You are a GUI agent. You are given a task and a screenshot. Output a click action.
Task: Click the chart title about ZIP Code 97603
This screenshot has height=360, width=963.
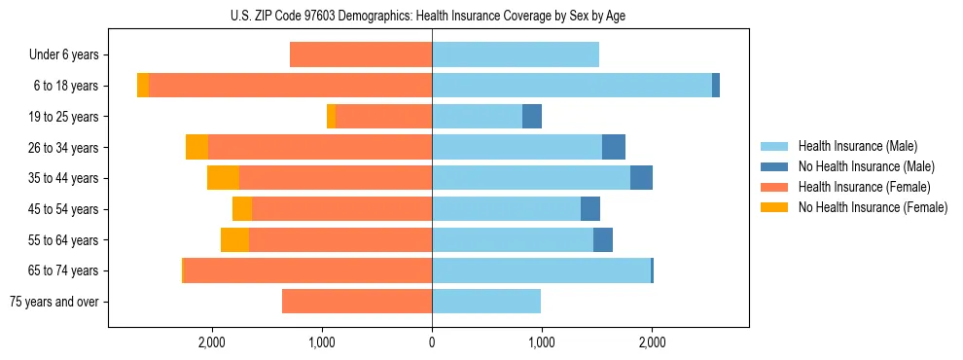click(432, 16)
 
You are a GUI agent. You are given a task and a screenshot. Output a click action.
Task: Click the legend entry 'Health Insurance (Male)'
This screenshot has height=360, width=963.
click(857, 146)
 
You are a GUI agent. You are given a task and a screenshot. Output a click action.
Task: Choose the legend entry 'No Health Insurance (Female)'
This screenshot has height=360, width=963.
click(873, 207)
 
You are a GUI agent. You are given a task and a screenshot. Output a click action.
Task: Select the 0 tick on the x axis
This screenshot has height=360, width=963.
click(432, 342)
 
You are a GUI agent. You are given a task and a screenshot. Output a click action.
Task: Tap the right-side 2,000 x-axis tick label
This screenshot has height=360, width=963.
click(652, 342)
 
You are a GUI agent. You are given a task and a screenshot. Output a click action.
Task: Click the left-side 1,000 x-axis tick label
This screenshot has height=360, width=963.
click(322, 342)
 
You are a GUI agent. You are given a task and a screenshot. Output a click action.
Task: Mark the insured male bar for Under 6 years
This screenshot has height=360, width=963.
click(516, 55)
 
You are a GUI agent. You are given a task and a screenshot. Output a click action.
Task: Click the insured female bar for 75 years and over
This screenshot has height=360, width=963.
click(357, 302)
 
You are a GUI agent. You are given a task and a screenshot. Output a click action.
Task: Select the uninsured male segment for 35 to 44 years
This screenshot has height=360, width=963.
click(641, 178)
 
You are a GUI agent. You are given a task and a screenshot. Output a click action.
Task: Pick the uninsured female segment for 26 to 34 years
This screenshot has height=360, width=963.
click(196, 148)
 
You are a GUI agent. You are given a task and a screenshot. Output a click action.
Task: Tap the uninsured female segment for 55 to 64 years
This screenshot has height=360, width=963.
click(234, 240)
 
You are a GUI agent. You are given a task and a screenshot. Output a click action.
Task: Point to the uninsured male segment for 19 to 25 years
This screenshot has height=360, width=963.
click(532, 117)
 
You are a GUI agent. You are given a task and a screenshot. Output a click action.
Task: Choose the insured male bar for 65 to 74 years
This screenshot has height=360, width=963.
click(541, 270)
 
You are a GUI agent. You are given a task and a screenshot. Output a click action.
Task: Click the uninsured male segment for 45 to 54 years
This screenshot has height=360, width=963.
click(590, 209)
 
